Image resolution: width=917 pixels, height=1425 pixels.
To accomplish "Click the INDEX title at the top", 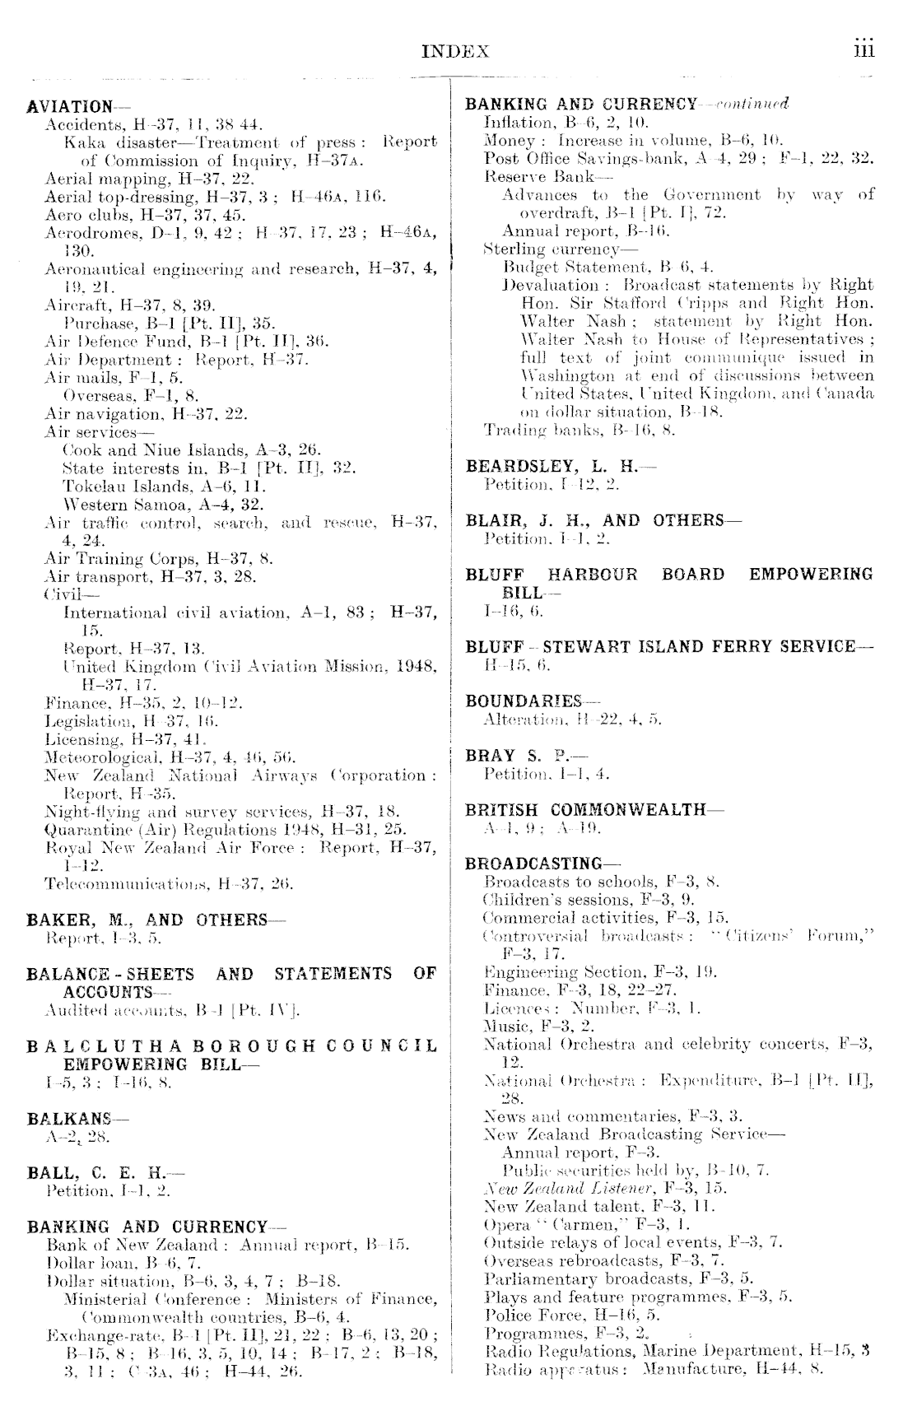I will click(x=455, y=52).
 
